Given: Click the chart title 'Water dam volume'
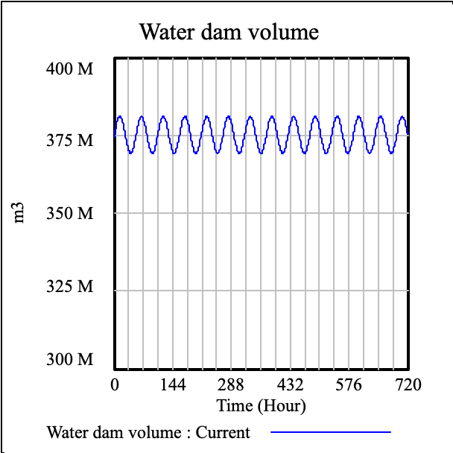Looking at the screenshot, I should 229,33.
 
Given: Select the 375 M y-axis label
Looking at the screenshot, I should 69,141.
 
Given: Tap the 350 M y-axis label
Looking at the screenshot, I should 69,214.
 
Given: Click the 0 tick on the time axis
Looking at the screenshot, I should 115,385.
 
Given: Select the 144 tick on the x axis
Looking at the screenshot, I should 173,385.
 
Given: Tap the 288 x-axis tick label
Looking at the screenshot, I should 232,385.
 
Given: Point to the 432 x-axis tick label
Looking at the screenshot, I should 291,385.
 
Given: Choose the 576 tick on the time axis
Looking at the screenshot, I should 349,385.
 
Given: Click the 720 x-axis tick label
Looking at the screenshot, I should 408,385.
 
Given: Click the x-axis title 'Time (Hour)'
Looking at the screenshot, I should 261,406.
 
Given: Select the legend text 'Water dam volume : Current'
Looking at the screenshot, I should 148,432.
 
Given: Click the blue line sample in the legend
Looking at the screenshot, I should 330,431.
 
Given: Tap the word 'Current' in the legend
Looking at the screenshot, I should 223,432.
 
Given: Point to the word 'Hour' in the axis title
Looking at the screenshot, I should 279,406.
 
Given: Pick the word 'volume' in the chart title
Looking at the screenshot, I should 283,33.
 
